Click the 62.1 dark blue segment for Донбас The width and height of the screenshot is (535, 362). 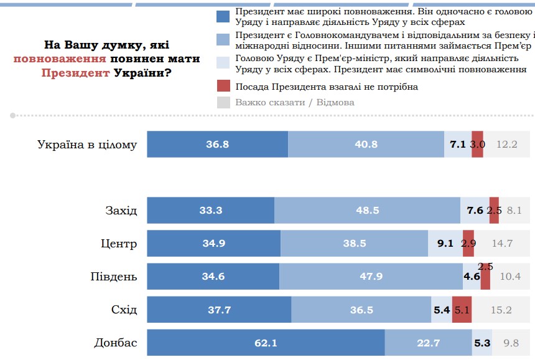coord(266,342)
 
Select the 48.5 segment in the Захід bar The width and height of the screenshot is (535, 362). coord(367,210)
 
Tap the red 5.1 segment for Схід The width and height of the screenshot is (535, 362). coord(462,310)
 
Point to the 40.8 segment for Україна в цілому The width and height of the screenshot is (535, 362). coord(366,144)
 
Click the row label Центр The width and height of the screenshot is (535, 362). coord(119,243)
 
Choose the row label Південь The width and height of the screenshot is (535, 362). coord(112,276)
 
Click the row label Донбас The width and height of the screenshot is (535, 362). coord(115,342)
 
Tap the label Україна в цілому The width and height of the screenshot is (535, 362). coord(87,144)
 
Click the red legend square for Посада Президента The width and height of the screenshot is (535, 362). coord(223,86)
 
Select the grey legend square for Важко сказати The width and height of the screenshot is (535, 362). coord(223,102)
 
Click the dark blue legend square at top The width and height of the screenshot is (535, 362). coord(223,17)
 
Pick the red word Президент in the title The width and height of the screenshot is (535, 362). coord(76,73)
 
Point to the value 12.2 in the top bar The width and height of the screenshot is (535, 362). coord(507,144)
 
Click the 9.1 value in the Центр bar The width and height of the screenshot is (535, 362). coord(445,243)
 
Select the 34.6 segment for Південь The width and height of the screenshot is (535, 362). coord(213,276)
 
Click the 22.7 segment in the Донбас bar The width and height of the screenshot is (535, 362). coord(428,342)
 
